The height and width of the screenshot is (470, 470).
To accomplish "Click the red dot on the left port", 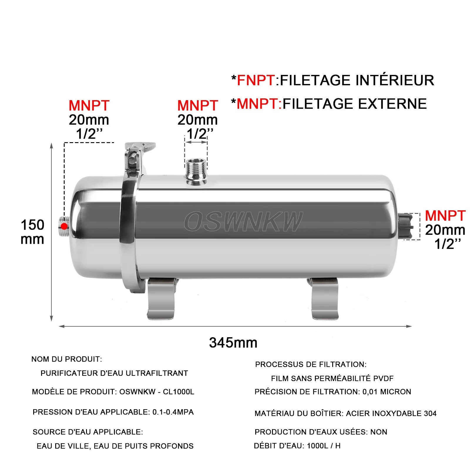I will [64, 226].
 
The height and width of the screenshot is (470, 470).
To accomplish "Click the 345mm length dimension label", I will [233, 343].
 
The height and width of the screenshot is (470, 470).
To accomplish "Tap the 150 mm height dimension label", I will [32, 232].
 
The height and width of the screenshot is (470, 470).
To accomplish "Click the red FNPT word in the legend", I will [256, 80].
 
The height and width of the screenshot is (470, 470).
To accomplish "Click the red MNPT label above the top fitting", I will [197, 105].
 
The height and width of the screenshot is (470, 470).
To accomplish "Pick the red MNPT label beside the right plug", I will [445, 216].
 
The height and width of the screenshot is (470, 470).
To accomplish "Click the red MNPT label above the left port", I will [89, 105].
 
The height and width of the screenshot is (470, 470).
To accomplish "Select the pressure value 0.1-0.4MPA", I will [173, 412].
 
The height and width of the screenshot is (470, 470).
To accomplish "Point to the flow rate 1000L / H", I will [323, 446].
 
